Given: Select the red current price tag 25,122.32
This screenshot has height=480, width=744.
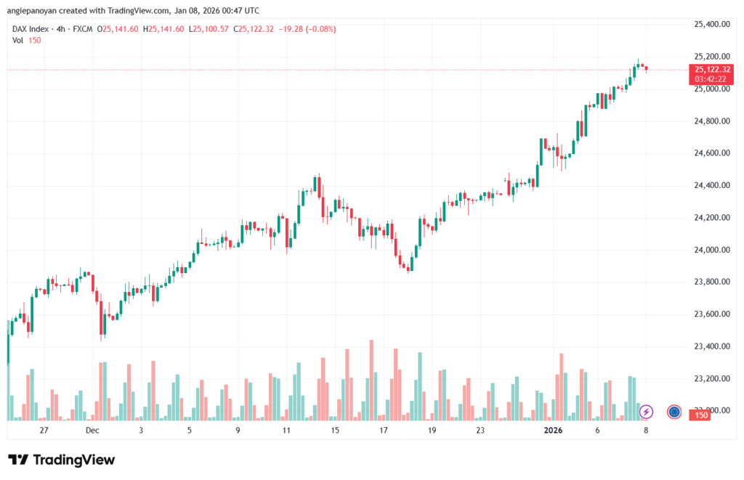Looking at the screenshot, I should tap(712, 69).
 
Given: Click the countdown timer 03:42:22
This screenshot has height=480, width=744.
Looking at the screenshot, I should tap(712, 78).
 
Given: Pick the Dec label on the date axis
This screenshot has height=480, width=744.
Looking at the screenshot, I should tap(92, 430).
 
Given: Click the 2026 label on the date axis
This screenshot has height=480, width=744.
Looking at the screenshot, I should tap(554, 430).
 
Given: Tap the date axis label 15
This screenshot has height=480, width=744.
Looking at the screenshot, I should tap(335, 430).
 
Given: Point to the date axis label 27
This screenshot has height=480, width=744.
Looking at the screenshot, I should tap(44, 430).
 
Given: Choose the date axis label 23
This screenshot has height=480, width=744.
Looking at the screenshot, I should tap(480, 430).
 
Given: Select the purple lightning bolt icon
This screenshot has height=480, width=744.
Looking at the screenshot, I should tap(646, 412).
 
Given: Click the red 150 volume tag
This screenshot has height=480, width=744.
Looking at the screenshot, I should tap(701, 415).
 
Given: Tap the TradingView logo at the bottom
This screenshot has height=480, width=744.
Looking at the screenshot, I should tap(62, 460).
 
